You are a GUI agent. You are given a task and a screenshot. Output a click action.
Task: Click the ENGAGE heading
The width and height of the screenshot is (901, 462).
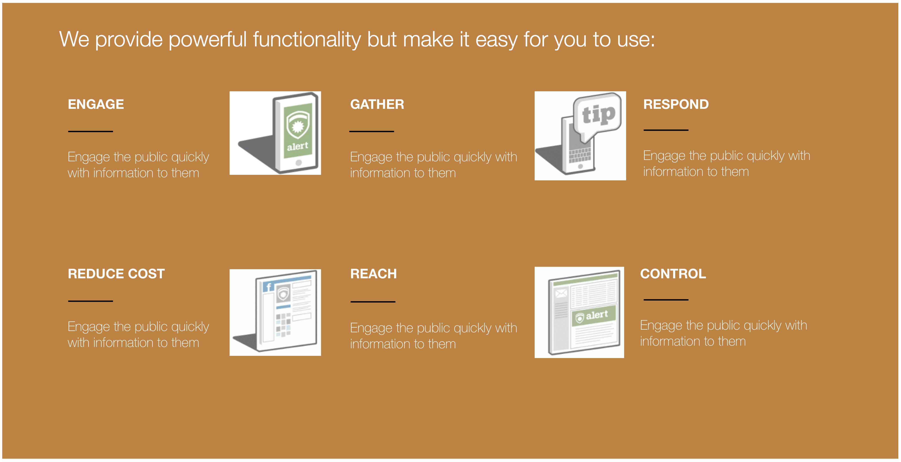tap(96, 104)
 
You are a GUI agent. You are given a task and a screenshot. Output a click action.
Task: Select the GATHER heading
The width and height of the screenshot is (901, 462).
tap(377, 104)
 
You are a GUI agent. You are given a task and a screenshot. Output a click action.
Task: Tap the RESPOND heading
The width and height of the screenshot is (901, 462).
tap(676, 104)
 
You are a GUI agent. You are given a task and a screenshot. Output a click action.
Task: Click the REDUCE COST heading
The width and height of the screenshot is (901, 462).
tap(116, 274)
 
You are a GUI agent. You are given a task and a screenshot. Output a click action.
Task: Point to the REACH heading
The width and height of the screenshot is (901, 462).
tap(373, 274)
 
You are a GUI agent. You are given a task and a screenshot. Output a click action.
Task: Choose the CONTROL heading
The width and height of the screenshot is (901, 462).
tap(673, 274)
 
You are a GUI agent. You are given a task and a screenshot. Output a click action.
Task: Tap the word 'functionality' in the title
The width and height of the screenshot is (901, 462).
tap(307, 40)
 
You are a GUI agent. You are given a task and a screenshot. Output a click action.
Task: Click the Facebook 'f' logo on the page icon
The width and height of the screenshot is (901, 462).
tap(268, 287)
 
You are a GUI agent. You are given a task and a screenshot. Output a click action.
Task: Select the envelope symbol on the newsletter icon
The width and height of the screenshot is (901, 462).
tap(561, 293)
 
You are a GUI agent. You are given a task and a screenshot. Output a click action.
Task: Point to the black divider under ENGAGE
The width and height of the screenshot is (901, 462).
tap(90, 131)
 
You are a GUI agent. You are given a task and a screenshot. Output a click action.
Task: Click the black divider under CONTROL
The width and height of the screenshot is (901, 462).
tap(666, 300)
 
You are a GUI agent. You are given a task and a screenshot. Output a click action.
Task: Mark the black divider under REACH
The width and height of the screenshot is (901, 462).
tap(373, 301)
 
